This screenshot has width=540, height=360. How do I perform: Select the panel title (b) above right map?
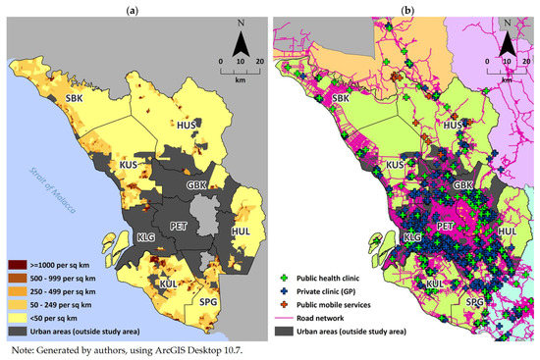[405, 9]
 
